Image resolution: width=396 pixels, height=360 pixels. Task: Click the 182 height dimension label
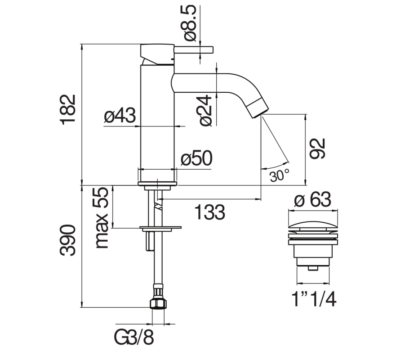68,109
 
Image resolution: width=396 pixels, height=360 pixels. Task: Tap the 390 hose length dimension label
68,240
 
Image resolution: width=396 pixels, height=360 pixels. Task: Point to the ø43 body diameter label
120,116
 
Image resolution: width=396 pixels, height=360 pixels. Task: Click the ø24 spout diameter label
205,111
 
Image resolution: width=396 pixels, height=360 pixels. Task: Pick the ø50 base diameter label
196,158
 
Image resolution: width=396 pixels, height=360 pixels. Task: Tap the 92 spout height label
317,148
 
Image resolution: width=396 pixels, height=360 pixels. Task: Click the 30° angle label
279,175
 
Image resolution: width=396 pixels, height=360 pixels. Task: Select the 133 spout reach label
209,212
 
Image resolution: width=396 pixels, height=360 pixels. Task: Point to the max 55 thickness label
101,218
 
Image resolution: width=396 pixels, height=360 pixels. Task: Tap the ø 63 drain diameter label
313,199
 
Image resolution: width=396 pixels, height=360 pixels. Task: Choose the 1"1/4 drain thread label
314,299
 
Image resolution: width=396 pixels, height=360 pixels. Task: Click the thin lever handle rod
194,50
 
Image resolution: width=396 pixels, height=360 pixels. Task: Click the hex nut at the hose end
158,303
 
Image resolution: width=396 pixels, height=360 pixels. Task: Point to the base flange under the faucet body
157,184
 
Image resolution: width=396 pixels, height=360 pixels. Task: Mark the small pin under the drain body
313,269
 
